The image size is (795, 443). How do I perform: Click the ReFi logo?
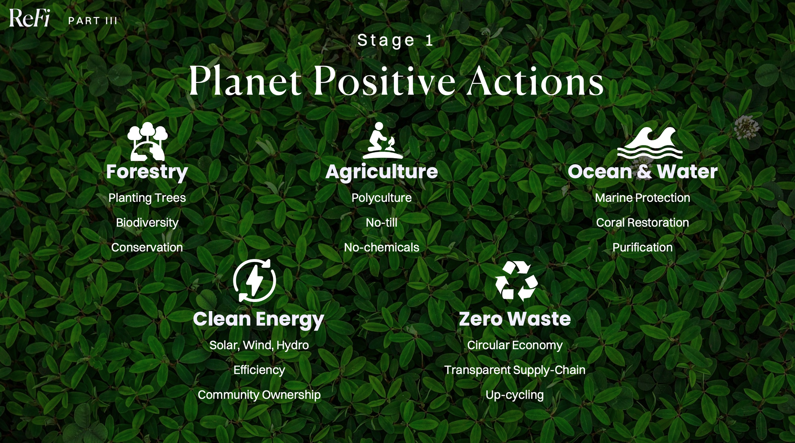pos(29,18)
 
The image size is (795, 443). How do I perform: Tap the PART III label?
pos(93,21)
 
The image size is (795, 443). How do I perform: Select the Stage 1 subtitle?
pos(395,40)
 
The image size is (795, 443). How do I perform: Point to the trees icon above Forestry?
pos(147,141)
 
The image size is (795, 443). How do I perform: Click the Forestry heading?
pos(147,172)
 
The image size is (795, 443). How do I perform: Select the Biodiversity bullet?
pos(147,223)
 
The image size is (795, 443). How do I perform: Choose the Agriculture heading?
pos(382,172)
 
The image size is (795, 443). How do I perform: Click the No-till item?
pos(382,222)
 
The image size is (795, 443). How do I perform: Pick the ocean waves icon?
pos(650,143)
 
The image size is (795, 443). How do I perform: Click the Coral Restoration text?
pos(642,222)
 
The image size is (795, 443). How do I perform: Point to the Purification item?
pos(642,248)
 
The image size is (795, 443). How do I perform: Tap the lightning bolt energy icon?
pos(254,281)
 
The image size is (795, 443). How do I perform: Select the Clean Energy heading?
pos(259,319)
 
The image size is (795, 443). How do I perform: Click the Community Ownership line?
pos(259,395)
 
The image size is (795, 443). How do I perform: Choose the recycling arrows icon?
pos(516,281)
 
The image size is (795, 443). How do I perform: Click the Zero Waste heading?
pos(515,319)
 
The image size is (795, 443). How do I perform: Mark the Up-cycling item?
pos(515,395)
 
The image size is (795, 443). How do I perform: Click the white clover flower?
pos(746,127)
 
